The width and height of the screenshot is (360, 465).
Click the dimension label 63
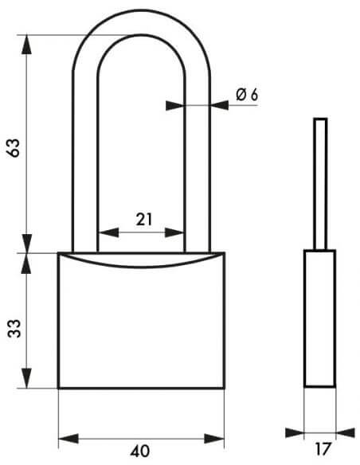click(14, 147)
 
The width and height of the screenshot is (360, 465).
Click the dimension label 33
click(14, 328)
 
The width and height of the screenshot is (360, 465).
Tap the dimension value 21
click(144, 220)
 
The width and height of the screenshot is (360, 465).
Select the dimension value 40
click(139, 451)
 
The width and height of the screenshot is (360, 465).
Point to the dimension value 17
click(322, 449)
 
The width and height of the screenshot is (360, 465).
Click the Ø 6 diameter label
click(247, 95)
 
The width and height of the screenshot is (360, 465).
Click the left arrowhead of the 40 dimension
click(68, 438)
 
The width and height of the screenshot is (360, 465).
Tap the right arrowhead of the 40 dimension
click(214, 438)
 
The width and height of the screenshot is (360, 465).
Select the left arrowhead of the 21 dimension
click(108, 232)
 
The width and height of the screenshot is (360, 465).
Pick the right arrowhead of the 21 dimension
click(174, 232)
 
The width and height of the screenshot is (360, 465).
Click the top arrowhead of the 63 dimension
click(27, 45)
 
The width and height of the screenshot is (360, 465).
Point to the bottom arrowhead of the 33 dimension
click(27, 377)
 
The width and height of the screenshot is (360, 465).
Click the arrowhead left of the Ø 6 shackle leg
click(175, 106)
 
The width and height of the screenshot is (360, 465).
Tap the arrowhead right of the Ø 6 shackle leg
click(220, 105)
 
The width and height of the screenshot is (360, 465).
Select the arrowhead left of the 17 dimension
click(295, 432)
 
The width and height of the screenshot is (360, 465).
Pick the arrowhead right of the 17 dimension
click(346, 432)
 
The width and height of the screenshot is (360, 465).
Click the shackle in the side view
click(320, 184)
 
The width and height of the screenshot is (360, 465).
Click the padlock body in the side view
click(320, 318)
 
